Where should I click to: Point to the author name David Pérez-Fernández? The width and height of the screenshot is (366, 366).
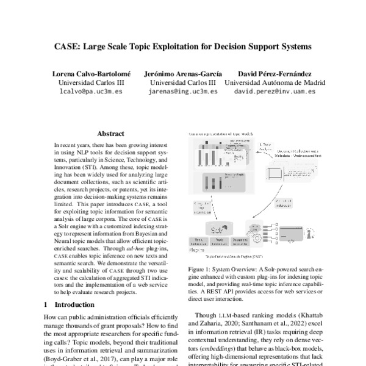274,73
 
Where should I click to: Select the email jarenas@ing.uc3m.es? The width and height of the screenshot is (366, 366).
182,91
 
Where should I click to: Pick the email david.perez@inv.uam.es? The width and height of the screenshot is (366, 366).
274,91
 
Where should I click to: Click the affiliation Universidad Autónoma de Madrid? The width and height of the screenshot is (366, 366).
274,82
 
